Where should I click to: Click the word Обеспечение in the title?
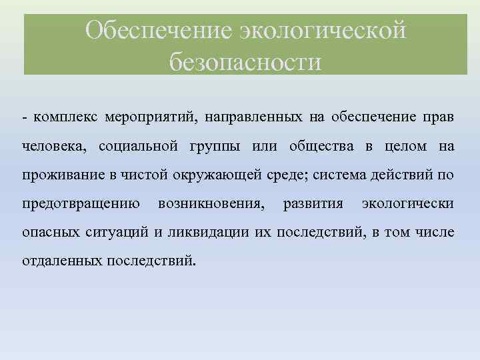tap(157, 31)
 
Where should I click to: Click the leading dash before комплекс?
tap(24, 118)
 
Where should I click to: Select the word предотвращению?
tap(80, 203)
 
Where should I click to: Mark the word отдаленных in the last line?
tap(61, 260)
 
